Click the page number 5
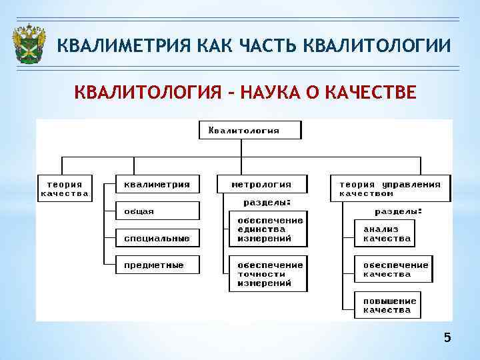(447, 338)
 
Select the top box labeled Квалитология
(250, 130)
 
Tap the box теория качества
(64, 189)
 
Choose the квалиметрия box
(157, 185)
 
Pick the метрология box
(263, 185)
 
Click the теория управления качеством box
(391, 189)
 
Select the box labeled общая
(157, 211)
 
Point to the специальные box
(157, 238)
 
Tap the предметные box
(157, 265)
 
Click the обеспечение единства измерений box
(269, 229)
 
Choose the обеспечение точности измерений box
(269, 273)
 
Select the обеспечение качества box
(393, 269)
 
